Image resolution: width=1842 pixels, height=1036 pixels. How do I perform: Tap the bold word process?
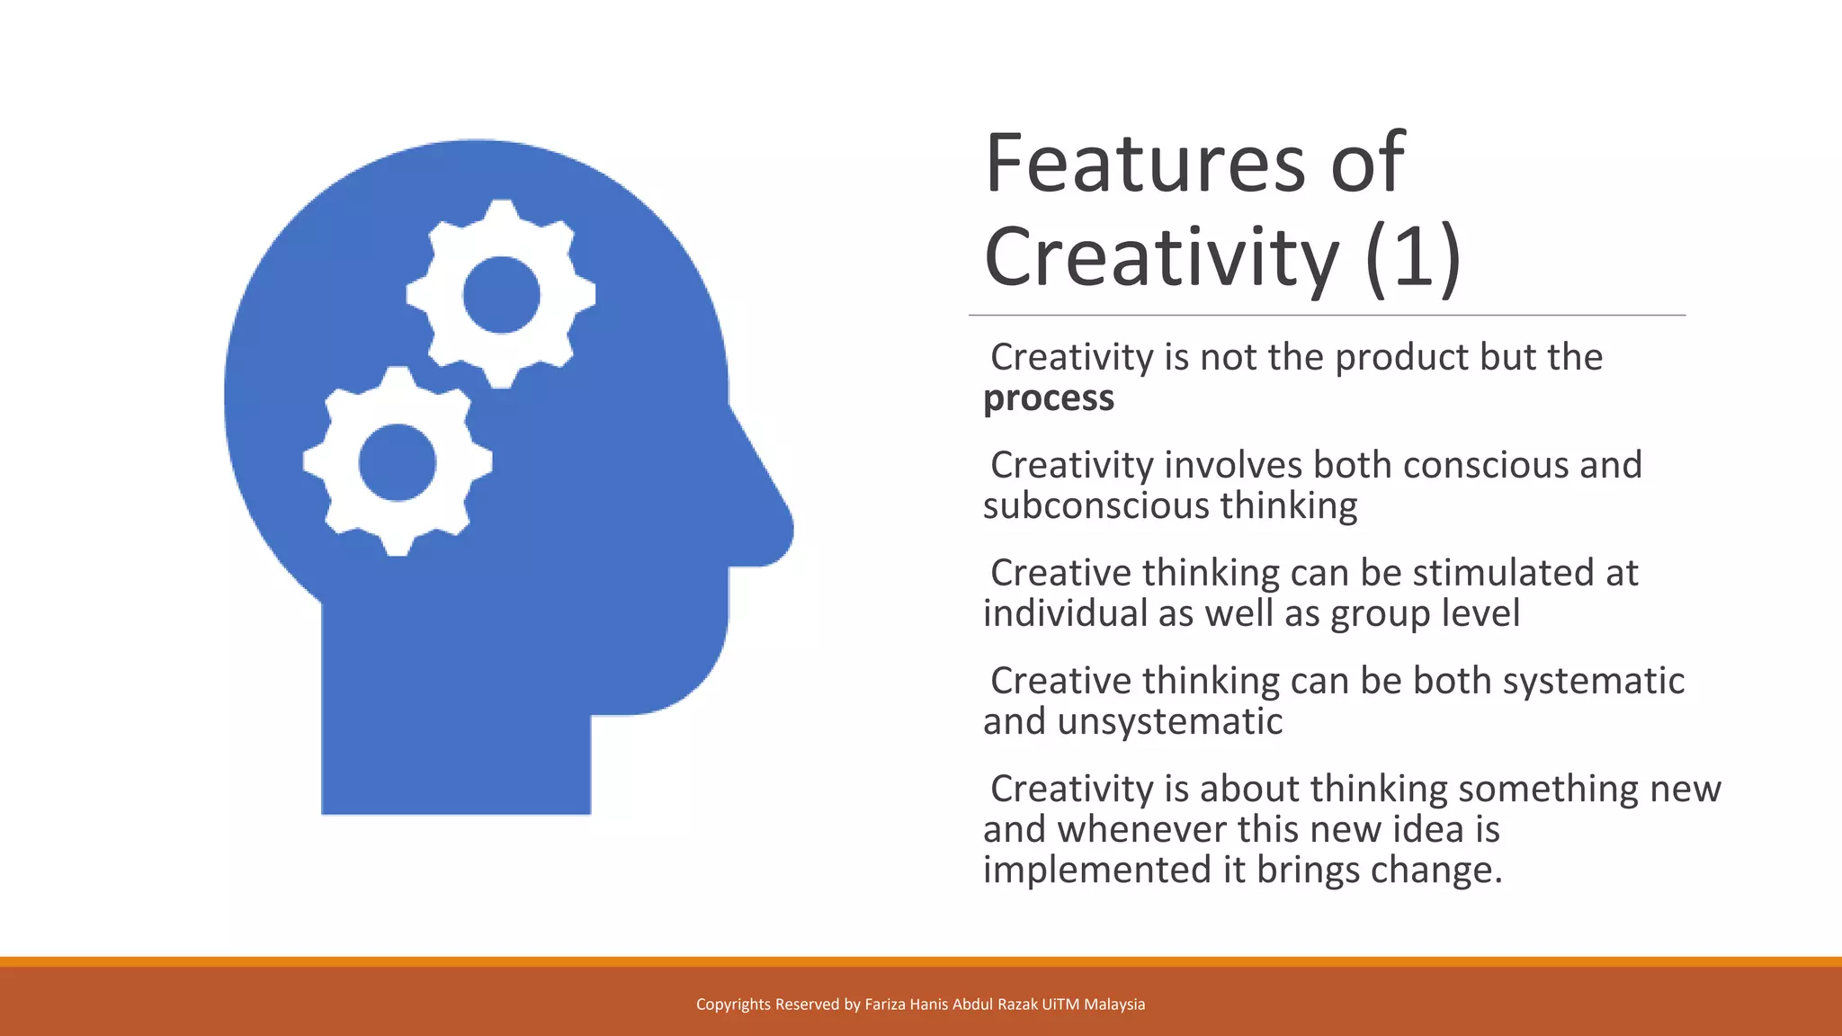coord(1049,398)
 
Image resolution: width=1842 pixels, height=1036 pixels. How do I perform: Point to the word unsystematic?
coord(1169,721)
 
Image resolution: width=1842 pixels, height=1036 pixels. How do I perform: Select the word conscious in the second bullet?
coord(1485,465)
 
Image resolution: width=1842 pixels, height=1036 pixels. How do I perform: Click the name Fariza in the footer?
coord(886,1005)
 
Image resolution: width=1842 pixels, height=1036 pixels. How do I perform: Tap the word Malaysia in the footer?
coord(1114,1005)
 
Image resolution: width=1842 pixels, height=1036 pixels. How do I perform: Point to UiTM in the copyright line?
coord(1060,1005)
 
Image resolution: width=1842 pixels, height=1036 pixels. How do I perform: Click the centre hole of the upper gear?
coord(501,294)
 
